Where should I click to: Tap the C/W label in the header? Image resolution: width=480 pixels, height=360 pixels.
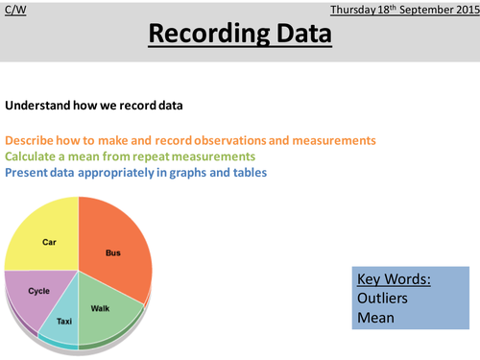15,10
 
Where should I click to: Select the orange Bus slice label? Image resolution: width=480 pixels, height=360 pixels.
113,252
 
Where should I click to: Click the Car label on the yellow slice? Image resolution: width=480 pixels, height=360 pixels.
50,243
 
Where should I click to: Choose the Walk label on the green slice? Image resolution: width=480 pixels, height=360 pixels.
100,308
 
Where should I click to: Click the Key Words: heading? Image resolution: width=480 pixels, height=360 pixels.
394,281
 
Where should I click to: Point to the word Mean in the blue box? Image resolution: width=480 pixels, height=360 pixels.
377,319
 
